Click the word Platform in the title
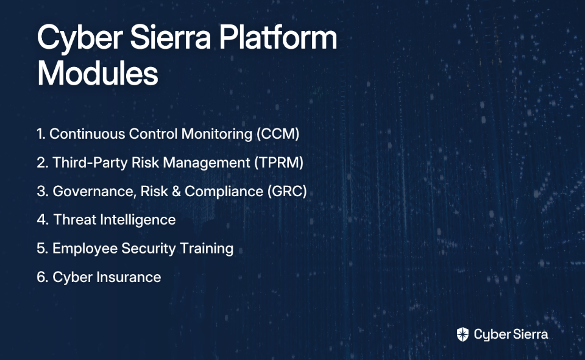pos(278,38)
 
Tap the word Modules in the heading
pos(97,73)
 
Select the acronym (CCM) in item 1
pos(278,134)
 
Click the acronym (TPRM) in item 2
pos(278,163)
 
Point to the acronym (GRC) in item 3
pos(287,191)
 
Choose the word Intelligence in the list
pos(138,220)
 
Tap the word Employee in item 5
pos(85,249)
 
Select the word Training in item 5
pos(207,249)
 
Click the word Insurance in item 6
pos(129,277)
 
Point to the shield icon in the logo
pos(463,334)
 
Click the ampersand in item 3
pos(177,191)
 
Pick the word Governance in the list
pos(94,191)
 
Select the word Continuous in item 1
pos(87,134)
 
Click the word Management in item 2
pos(207,163)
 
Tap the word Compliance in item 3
pos(224,192)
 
